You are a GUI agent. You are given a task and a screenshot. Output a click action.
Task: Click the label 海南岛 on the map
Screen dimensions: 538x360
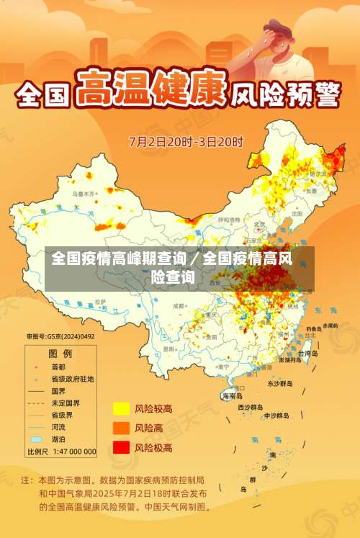pos(232,395)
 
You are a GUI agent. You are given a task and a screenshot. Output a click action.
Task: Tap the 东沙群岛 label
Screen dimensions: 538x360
pos(280,384)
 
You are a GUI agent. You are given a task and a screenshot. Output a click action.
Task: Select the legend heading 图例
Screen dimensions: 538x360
pos(60,354)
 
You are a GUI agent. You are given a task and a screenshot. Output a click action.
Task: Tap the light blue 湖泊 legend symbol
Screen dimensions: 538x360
pos(36,439)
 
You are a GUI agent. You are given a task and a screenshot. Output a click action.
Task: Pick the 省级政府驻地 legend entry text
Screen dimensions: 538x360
pos(72,379)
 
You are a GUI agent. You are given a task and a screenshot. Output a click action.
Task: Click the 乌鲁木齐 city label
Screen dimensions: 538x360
pos(83,194)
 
